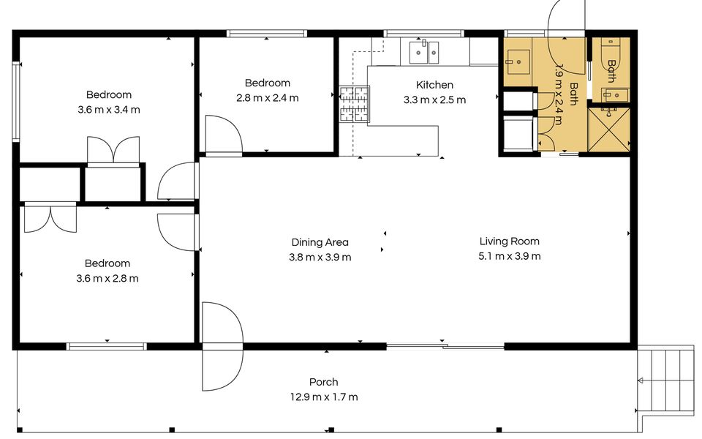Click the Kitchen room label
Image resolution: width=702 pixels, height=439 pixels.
click(x=434, y=85)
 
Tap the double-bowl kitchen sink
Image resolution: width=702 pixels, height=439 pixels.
click(x=423, y=53)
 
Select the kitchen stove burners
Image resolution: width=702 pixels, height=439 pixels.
click(x=354, y=105)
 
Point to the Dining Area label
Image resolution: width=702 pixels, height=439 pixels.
click(x=320, y=242)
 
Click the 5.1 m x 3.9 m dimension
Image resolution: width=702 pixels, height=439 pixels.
click(x=510, y=256)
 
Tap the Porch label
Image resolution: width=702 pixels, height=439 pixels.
click(x=324, y=382)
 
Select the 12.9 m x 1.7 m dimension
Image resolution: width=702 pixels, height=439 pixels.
click(x=324, y=397)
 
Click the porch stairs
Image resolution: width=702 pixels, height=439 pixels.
click(x=665, y=380)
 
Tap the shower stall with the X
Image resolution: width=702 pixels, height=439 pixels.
click(x=608, y=129)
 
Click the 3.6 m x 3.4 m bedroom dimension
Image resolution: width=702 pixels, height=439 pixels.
click(x=109, y=110)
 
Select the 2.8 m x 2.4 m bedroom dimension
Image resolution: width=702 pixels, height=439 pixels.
click(x=268, y=97)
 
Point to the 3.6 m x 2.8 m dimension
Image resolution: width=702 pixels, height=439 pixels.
click(x=107, y=279)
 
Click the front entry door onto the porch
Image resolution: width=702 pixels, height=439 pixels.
click(x=222, y=346)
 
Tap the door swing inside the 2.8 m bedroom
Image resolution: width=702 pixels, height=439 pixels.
click(x=224, y=135)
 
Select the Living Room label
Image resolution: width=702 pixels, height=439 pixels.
click(x=510, y=241)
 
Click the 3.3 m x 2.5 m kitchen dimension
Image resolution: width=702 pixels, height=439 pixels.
click(x=434, y=100)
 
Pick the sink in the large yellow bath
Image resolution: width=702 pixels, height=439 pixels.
click(x=518, y=61)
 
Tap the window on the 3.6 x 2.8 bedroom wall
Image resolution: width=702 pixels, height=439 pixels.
click(x=107, y=346)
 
